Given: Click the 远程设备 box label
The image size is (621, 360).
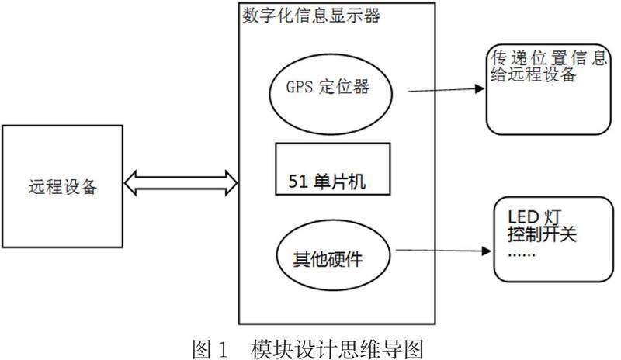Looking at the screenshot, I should (x=64, y=186).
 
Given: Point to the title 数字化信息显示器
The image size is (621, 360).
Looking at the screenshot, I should (x=313, y=16).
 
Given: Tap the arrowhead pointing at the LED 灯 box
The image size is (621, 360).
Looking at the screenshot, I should (x=486, y=251).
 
